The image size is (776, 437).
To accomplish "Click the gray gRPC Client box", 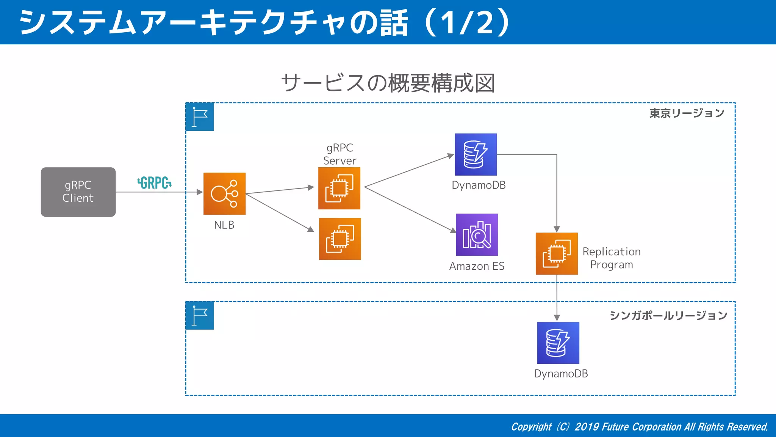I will (78, 192).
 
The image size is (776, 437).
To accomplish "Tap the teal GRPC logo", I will (154, 183).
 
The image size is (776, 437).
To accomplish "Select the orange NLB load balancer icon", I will (224, 194).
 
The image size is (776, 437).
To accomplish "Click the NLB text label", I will (224, 225).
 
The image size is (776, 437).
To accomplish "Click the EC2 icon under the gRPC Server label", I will (339, 188).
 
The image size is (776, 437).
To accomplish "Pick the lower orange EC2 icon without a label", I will (340, 239).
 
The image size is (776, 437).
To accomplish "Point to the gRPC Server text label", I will (339, 154).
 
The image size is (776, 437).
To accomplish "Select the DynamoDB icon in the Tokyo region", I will (476, 154).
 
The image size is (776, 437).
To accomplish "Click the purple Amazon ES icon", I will (477, 235).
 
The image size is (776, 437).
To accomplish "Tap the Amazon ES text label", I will (477, 266).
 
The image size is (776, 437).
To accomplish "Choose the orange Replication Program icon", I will (557, 253).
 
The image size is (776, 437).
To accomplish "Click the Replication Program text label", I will (611, 258).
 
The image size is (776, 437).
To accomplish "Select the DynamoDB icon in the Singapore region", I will (558, 343).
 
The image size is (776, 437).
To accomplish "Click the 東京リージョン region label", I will (687, 113).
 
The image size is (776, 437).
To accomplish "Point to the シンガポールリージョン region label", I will (668, 315).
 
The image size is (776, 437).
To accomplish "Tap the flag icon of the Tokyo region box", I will (200, 117).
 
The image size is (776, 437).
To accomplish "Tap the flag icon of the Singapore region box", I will (200, 316).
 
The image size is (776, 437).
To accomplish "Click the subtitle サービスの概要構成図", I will (388, 83).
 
